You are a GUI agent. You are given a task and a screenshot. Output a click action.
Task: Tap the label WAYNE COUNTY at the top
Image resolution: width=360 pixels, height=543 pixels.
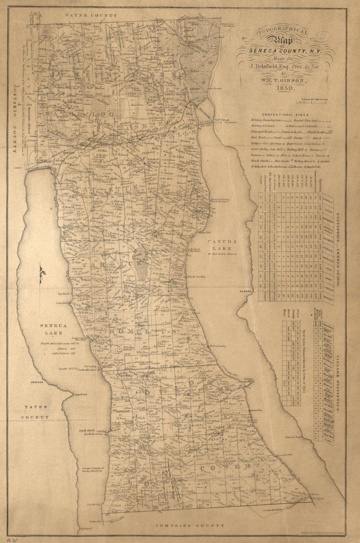pos(91,15)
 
